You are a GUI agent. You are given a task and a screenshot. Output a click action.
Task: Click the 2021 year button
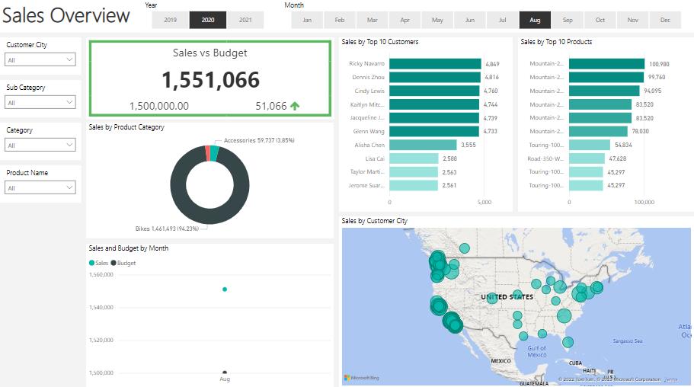pos(245,20)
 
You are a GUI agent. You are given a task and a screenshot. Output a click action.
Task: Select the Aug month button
pos(535,20)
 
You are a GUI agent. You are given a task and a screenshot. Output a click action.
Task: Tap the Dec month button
pos(665,20)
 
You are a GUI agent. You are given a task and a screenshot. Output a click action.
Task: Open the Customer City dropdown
pos(40,59)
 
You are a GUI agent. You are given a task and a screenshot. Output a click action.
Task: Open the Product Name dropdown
pos(40,187)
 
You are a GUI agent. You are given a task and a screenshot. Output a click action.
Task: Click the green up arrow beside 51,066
pos(294,107)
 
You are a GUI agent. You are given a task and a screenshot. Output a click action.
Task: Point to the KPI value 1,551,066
pos(210,80)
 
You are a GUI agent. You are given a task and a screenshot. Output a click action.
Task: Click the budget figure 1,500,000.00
pos(159,107)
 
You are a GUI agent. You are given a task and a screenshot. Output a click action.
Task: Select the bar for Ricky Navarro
pos(435,64)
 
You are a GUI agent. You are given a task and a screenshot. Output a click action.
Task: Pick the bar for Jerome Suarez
pos(414,185)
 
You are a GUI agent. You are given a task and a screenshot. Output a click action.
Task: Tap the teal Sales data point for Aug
pos(225,289)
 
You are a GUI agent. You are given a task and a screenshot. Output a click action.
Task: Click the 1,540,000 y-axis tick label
pos(101,308)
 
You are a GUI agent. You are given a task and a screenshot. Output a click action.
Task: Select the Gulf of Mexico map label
pos(537,351)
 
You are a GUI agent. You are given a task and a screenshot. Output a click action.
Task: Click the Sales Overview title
pos(66,15)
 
